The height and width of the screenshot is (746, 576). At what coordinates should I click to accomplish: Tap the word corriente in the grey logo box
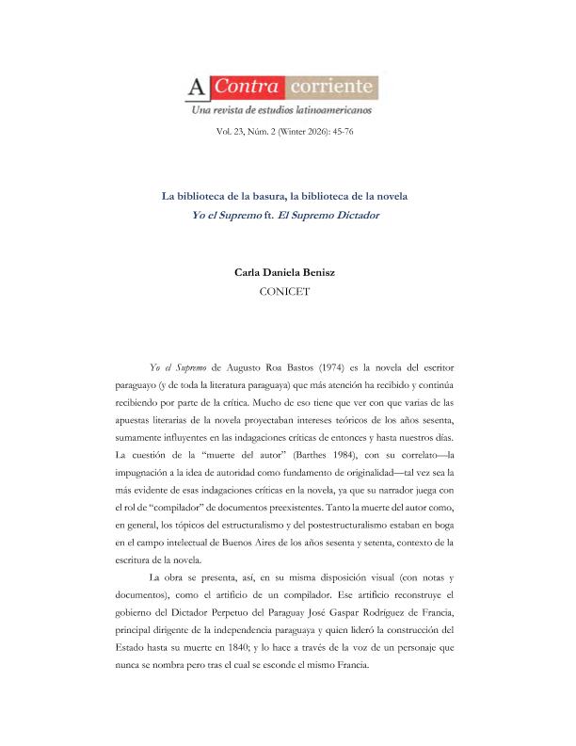coord(333,89)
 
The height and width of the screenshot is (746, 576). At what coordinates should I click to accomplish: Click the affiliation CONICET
coord(287,292)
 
